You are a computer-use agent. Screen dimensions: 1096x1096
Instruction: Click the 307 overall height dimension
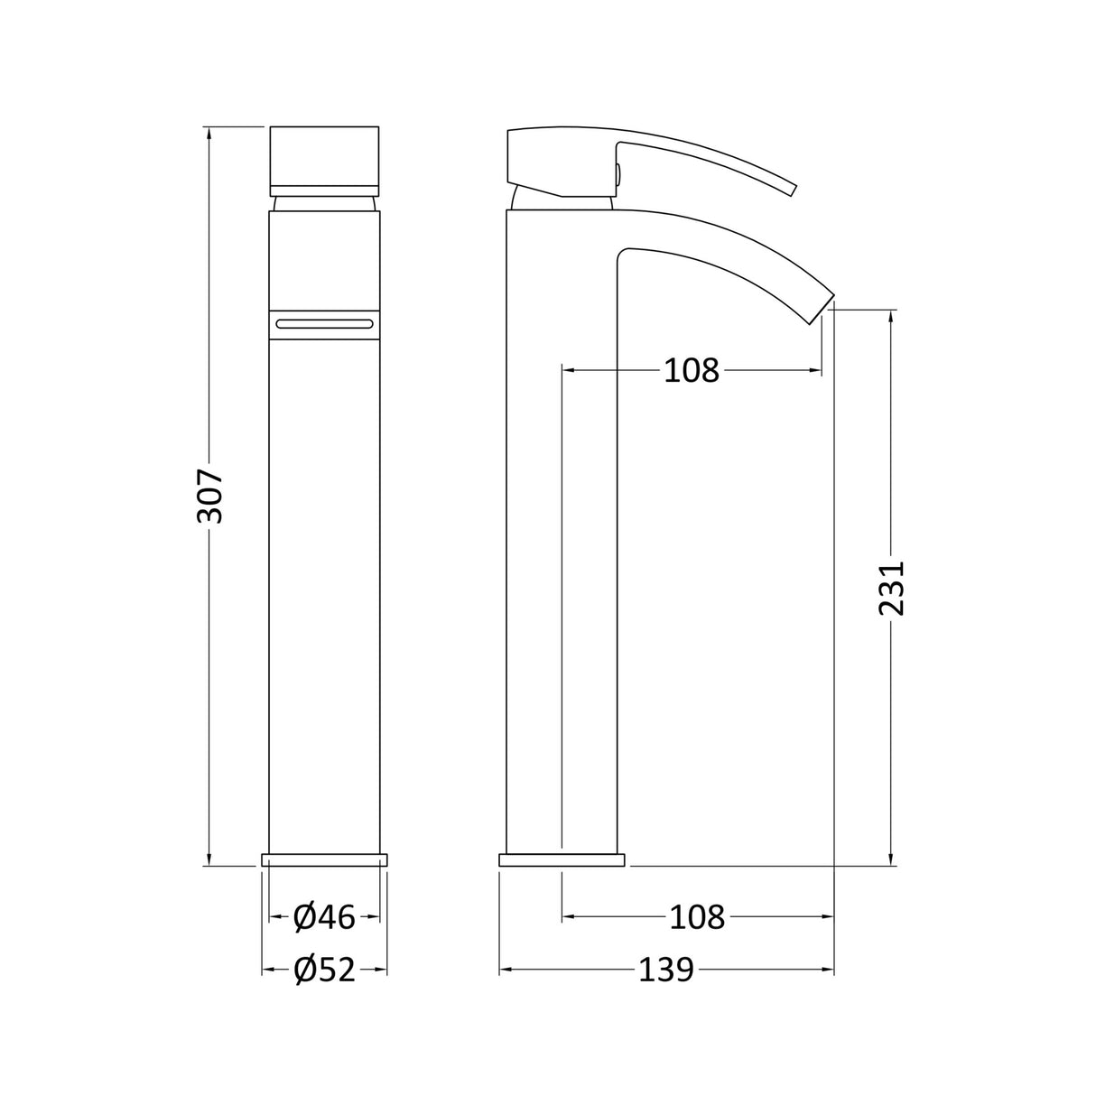tap(209, 496)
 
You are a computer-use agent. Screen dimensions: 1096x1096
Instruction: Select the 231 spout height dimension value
tap(891, 588)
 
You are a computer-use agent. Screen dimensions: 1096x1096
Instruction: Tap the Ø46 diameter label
tap(324, 917)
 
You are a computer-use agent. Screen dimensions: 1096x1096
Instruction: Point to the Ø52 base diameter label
tap(324, 970)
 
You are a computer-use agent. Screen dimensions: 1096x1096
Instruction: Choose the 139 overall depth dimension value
tap(666, 970)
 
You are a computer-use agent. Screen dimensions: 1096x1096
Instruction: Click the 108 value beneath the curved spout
tap(692, 370)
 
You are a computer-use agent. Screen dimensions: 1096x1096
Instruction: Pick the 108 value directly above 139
tap(697, 917)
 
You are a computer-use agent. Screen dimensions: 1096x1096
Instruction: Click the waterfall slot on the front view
tap(324, 323)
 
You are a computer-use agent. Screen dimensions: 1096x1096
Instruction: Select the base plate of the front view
tap(324, 859)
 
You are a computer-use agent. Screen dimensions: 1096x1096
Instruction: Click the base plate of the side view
tap(562, 859)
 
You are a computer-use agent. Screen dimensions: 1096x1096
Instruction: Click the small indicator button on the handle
tap(618, 174)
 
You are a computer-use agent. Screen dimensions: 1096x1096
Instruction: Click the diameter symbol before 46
tap(304, 917)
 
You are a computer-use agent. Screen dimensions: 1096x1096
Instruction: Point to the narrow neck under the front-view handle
tap(324, 202)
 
